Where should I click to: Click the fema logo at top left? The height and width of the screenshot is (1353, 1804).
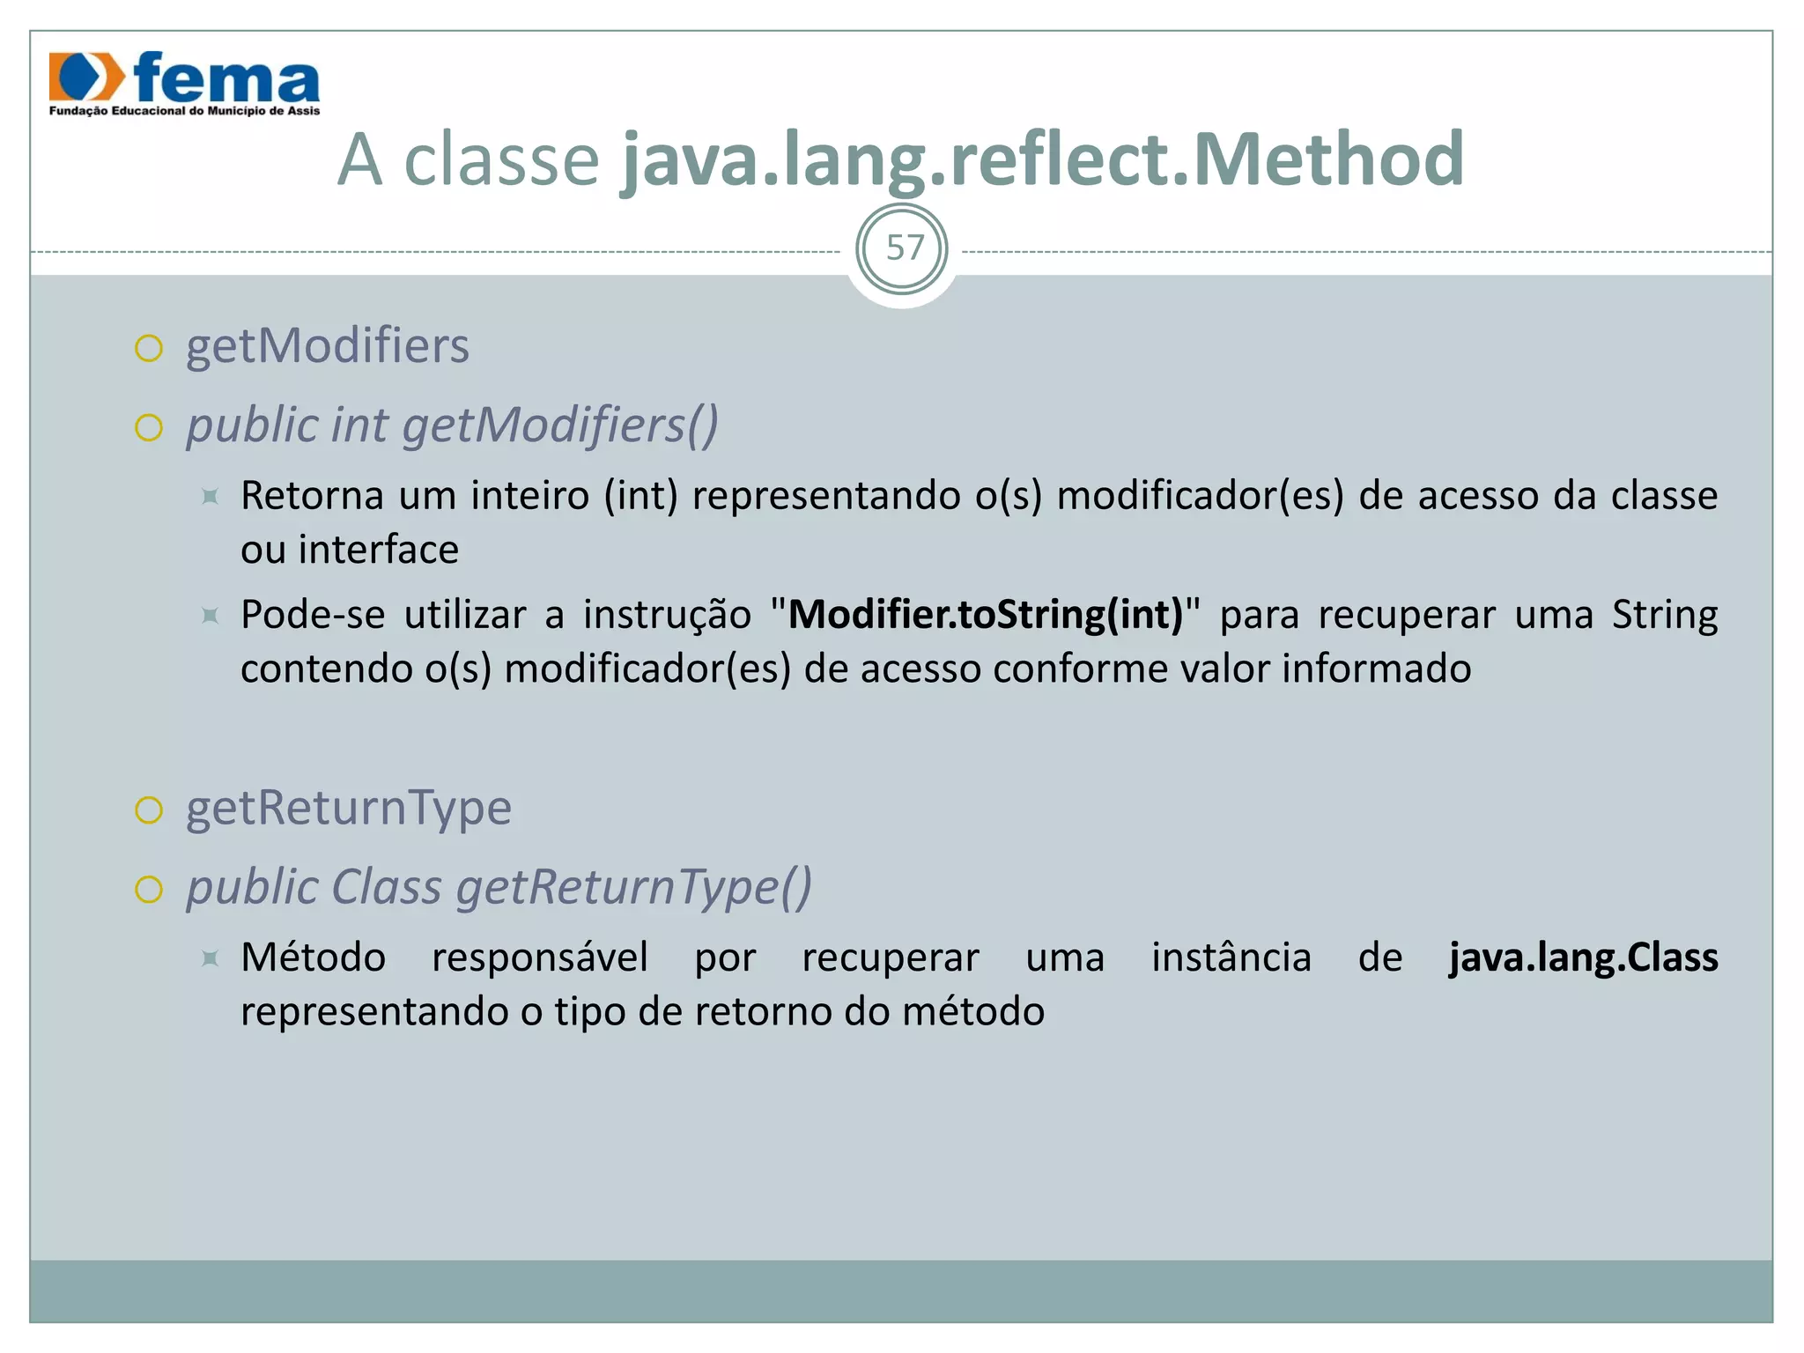click(x=184, y=83)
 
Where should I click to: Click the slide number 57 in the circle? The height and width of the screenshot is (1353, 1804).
click(x=904, y=248)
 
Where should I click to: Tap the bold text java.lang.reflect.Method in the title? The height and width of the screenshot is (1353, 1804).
click(x=1043, y=159)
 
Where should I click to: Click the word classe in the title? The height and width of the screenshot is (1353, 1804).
click(x=501, y=159)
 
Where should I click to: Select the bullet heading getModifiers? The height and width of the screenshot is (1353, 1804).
click(x=327, y=345)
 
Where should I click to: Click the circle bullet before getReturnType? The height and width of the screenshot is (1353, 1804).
click(x=149, y=810)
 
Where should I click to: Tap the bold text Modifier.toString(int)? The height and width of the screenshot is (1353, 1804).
click(x=986, y=614)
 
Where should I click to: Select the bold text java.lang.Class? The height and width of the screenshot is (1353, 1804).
click(x=1583, y=957)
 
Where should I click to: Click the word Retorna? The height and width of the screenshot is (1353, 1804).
click(x=313, y=495)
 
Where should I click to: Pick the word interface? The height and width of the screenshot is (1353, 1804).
click(x=378, y=550)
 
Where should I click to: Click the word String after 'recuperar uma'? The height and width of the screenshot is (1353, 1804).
click(x=1664, y=614)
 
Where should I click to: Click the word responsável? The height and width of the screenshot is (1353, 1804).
click(x=540, y=957)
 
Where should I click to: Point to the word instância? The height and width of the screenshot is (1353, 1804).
click(x=1231, y=957)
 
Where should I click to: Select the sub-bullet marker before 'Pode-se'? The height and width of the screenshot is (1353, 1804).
click(x=210, y=615)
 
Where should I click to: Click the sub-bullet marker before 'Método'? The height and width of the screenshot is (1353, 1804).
click(x=210, y=957)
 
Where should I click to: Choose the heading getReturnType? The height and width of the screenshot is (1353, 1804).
click(x=348, y=808)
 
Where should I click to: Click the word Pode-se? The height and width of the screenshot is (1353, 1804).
click(x=313, y=614)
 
